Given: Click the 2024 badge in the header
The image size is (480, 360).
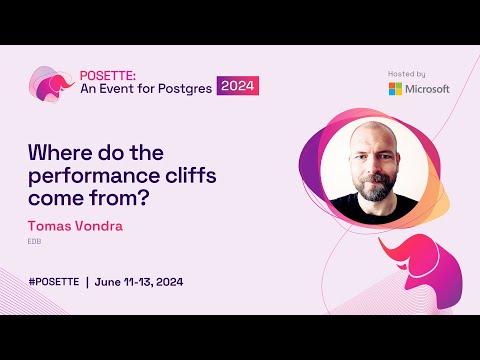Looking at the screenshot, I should click(238, 86).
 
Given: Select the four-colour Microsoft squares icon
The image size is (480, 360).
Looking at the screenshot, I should click(396, 89).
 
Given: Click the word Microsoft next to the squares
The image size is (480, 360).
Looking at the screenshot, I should click(428, 89).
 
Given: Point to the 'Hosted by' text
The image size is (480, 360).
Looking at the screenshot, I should click(406, 73).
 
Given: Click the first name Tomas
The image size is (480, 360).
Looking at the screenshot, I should click(50, 225).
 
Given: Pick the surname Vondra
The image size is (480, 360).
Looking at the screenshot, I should click(101, 225).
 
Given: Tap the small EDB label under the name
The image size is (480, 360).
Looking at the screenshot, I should click(34, 242).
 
